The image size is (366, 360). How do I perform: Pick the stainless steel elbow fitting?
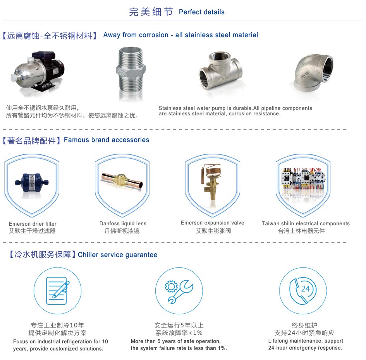point(313,72)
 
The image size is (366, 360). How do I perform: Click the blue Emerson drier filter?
point(32,183)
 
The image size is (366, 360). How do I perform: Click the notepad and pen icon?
point(58,290)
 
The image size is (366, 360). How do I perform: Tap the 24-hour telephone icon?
point(303,291)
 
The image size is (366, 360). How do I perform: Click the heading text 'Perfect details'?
point(202,12)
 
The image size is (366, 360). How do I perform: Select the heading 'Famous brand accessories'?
point(107,140)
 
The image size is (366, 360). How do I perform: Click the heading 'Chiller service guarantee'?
point(117,255)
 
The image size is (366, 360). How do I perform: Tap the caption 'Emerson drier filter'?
point(33,224)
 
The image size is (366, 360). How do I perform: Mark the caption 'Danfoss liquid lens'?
point(123,223)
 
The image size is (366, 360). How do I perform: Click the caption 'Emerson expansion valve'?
point(213,223)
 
